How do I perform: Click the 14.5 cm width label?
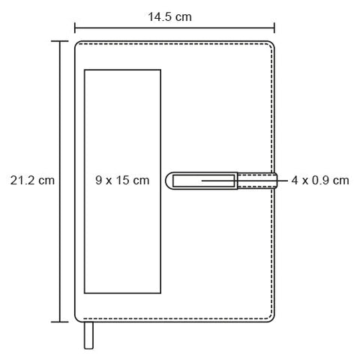click(169, 17)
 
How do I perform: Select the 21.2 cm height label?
click(32, 180)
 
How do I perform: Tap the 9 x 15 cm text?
click(122, 180)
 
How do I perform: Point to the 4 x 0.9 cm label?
click(320, 180)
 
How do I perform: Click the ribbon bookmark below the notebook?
click(88, 335)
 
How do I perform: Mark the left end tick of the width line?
click(75, 28)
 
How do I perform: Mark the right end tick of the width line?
click(274, 28)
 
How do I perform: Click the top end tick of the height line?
click(59, 41)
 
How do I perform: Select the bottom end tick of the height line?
click(59, 322)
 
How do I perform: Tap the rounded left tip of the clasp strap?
click(166, 180)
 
